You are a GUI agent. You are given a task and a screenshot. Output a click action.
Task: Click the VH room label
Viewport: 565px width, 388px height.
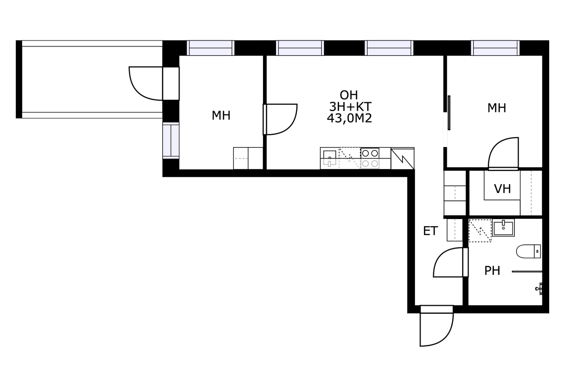pos(502,189)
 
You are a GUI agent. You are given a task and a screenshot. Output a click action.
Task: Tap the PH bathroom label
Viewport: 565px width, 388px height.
pos(492,270)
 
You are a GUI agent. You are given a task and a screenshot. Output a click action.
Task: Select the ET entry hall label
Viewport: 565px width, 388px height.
pos(431,231)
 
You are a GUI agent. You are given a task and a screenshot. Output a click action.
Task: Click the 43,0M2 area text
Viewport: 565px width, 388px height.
pos(349,118)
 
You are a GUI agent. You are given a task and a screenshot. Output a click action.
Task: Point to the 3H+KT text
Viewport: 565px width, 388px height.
pos(350,106)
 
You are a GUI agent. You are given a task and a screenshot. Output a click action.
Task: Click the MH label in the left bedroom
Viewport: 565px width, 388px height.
pos(221,116)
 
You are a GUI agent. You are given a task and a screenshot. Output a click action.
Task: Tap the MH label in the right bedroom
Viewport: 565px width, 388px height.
pos(497,108)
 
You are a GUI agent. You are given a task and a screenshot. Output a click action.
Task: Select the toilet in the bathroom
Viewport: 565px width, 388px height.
pos(529,251)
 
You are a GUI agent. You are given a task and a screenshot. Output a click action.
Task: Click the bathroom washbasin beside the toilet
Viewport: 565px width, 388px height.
pos(503,228)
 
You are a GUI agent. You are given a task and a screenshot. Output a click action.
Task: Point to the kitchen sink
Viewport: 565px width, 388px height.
pos(330,158)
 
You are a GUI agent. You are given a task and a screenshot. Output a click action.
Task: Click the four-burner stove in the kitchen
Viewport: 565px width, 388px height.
pos(370,158)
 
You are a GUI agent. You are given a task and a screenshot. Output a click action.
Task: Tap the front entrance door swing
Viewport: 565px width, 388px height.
pos(436,329)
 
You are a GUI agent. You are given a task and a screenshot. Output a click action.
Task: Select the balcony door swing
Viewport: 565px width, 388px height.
pos(146,83)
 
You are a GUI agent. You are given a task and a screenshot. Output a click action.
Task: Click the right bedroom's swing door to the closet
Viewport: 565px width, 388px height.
pos(503,153)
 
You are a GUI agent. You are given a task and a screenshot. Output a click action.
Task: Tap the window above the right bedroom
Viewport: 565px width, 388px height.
pos(495,48)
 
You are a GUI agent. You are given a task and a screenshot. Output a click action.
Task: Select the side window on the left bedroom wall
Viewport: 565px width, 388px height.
pos(171,141)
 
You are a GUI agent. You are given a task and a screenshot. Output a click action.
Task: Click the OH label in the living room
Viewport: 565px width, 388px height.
pos(349,95)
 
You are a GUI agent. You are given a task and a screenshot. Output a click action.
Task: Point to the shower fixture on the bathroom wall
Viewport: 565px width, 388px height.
pos(539,289)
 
